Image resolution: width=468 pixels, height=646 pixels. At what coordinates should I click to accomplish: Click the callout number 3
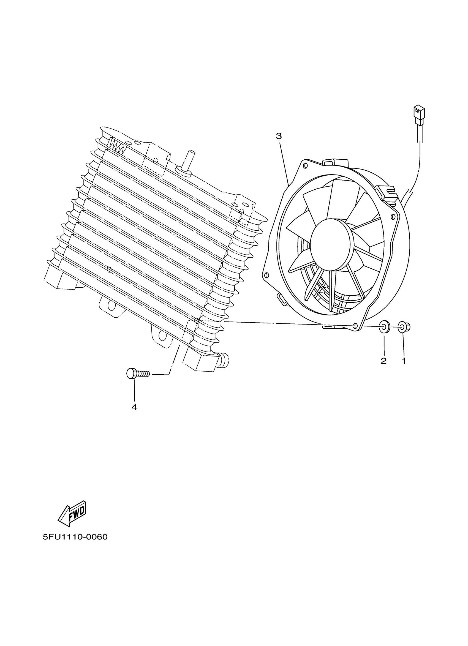tap(279, 136)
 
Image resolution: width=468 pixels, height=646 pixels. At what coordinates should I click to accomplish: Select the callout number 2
tap(383, 361)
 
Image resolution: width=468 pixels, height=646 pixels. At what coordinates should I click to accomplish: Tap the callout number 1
tap(403, 361)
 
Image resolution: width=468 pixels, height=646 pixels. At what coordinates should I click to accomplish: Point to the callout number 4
tap(134, 407)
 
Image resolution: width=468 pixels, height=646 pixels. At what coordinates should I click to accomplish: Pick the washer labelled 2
tap(385, 326)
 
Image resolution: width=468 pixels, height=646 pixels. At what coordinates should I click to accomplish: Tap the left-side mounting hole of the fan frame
tap(266, 275)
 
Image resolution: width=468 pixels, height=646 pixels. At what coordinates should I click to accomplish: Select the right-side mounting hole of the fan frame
tap(393, 217)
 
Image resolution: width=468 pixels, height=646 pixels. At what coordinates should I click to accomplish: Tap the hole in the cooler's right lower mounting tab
tap(162, 336)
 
